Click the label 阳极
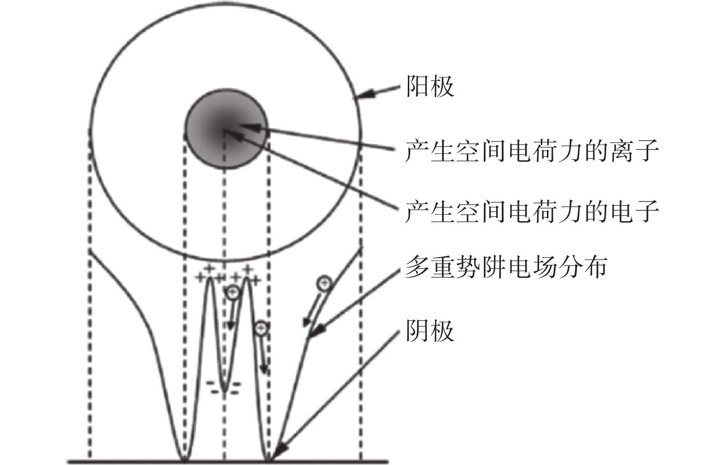click(x=430, y=87)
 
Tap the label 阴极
click(x=430, y=331)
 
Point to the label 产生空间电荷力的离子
click(x=532, y=150)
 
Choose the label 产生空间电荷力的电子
click(x=532, y=211)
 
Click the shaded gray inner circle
click(x=226, y=129)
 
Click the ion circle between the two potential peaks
click(x=233, y=292)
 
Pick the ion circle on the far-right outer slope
click(x=325, y=283)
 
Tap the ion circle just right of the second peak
click(x=261, y=328)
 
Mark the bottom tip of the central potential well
click(x=225, y=391)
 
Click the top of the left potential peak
click(x=210, y=279)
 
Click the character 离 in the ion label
click(x=621, y=150)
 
